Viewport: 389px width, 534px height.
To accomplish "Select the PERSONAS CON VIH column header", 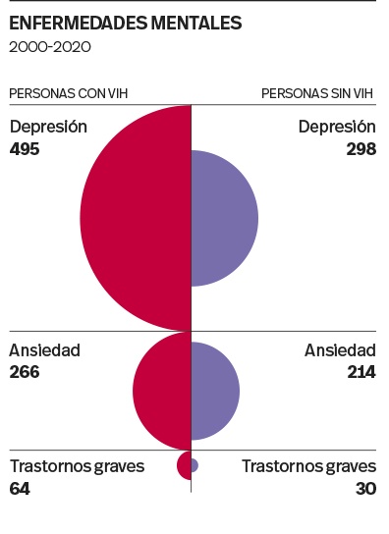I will [x=68, y=94].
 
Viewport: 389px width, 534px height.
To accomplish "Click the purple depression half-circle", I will [x=224, y=218].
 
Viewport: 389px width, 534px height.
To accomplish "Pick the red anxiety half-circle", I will [x=163, y=391].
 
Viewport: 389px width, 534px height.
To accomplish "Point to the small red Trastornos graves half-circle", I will [x=184, y=465].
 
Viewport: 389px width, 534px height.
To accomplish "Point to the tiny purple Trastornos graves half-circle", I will [x=194, y=465].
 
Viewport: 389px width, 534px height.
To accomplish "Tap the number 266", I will [x=26, y=372].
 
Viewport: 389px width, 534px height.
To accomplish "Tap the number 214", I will [x=361, y=372].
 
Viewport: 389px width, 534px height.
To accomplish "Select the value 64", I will [x=20, y=488].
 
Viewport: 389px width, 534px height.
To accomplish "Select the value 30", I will [x=366, y=488].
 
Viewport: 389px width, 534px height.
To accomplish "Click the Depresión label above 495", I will [x=48, y=127].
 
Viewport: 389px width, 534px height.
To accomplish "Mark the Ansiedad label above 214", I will [x=340, y=350].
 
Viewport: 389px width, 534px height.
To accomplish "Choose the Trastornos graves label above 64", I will [x=77, y=466].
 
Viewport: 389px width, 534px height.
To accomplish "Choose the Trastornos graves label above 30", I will [x=309, y=466].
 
